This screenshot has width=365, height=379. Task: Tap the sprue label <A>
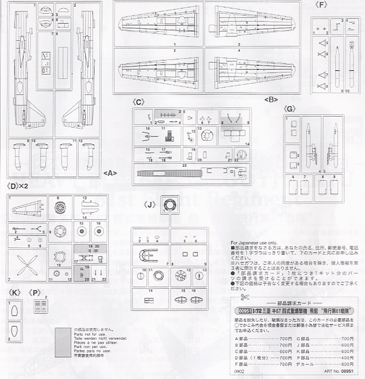109,173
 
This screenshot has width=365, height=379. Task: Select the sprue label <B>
271,99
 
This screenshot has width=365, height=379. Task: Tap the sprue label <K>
15,291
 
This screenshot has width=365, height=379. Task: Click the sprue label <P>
36,291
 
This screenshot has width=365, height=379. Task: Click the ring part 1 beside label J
169,203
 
